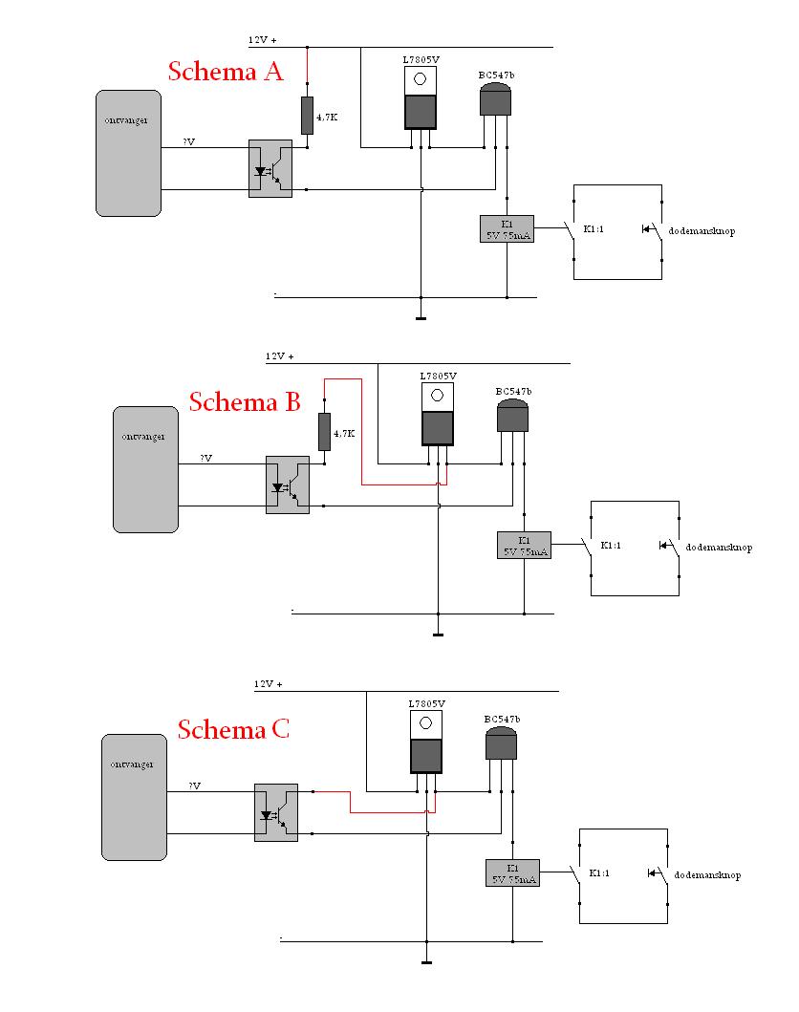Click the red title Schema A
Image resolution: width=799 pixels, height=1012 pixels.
pyautogui.click(x=226, y=72)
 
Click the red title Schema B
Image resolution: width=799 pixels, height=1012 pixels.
pyautogui.click(x=246, y=401)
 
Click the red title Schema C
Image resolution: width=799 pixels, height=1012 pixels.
pyautogui.click(x=233, y=730)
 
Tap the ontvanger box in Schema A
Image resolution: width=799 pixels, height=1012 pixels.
pyautogui.click(x=128, y=153)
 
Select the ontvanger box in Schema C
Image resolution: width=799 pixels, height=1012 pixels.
pyautogui.click(x=135, y=797)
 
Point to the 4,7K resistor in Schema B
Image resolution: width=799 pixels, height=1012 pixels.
pyautogui.click(x=325, y=433)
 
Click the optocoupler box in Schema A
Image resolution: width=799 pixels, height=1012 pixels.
pyautogui.click(x=270, y=169)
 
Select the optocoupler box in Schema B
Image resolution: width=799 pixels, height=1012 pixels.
pyautogui.click(x=287, y=485)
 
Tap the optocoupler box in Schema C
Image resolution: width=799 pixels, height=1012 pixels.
pyautogui.click(x=275, y=812)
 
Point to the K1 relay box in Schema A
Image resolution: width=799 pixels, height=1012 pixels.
pyautogui.click(x=507, y=229)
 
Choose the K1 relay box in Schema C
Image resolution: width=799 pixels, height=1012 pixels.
pyautogui.click(x=512, y=873)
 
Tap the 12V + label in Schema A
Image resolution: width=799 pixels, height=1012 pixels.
pyautogui.click(x=262, y=41)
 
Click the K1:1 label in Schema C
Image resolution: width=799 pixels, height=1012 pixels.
pyautogui.click(x=600, y=873)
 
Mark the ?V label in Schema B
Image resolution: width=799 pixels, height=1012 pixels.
pyautogui.click(x=206, y=459)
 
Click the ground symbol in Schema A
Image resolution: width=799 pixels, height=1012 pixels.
pyautogui.click(x=421, y=316)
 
